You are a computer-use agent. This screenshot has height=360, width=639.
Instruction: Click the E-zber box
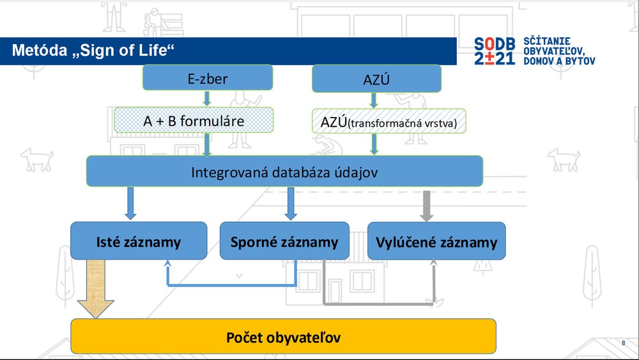(207, 79)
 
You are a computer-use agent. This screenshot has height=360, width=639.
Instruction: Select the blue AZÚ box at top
(376, 79)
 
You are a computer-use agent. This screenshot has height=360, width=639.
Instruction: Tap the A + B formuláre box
(193, 120)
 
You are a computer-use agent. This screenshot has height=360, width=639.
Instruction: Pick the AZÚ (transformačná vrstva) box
(389, 121)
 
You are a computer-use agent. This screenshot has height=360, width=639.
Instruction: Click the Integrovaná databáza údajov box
(284, 171)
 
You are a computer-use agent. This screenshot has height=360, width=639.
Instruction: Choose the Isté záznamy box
(138, 241)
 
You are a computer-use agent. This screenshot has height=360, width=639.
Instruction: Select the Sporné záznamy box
(284, 241)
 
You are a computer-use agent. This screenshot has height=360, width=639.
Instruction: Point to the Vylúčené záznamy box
(436, 241)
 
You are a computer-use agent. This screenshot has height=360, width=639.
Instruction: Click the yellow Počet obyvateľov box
(283, 336)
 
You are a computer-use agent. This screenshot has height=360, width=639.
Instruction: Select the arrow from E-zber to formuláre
(207, 98)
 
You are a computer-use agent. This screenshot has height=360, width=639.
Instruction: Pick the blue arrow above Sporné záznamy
(291, 203)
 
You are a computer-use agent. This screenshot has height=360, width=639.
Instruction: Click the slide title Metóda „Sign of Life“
(93, 51)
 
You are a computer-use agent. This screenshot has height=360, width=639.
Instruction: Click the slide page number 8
(623, 343)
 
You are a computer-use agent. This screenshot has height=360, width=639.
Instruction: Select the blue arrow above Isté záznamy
(130, 203)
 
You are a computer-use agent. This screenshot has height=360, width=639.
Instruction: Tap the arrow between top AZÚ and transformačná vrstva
(374, 100)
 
